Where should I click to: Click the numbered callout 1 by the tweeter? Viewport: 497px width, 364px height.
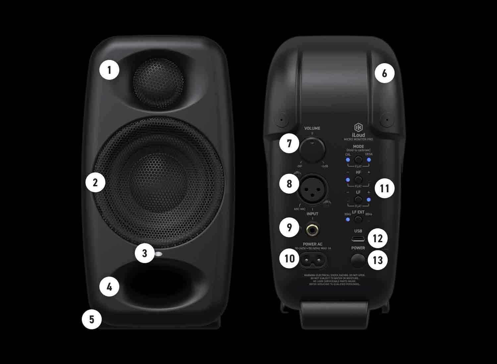point(109,70)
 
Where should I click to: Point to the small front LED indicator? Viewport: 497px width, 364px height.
point(159,254)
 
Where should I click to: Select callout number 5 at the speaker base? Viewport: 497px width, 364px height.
point(91,319)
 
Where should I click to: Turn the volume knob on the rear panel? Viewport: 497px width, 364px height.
point(312,150)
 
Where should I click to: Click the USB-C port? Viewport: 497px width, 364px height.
point(358,239)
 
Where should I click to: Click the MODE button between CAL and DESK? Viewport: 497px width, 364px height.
point(358,160)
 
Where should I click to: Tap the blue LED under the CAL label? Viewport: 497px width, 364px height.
point(348,160)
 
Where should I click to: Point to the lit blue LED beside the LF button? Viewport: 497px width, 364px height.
point(369,200)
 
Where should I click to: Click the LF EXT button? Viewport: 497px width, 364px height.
point(358,219)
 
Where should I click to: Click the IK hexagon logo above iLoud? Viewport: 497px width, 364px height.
point(358,127)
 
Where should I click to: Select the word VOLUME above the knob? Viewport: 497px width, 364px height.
point(312,128)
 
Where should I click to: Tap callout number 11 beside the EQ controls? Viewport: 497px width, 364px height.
point(384,188)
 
